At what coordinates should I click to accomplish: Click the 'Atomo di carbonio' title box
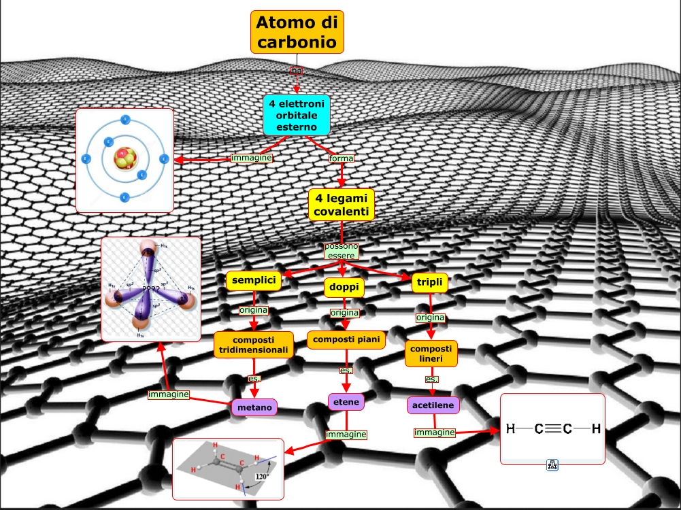[297, 32]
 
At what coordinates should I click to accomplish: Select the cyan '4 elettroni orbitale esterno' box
[297, 114]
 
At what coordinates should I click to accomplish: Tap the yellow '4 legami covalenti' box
[341, 205]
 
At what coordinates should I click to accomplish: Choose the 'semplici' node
[254, 281]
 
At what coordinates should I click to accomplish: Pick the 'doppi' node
[344, 288]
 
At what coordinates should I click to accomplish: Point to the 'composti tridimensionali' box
[254, 345]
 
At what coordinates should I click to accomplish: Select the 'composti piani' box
[346, 339]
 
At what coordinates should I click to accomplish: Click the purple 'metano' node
[254, 407]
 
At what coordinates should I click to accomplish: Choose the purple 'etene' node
[346, 403]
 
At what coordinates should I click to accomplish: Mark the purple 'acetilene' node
[433, 405]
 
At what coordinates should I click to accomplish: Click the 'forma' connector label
[341, 158]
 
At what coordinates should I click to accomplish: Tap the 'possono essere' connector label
[341, 250]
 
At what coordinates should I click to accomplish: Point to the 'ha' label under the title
[297, 71]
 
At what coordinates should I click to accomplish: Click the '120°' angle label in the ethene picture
[262, 477]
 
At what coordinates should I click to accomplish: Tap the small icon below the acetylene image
[552, 465]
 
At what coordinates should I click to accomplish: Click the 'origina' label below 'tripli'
[430, 318]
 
